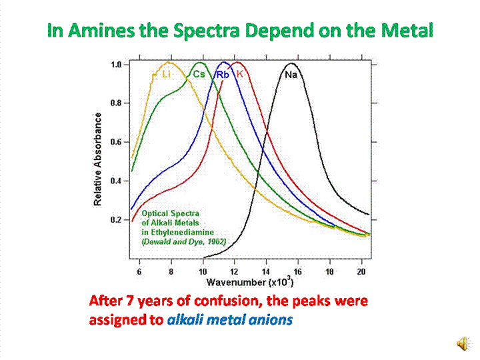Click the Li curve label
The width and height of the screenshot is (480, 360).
point(166,75)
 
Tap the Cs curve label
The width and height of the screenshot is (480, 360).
point(199,75)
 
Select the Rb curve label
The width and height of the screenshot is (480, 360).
point(223,75)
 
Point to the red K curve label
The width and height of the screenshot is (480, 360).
point(240,75)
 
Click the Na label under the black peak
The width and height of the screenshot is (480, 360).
point(291,75)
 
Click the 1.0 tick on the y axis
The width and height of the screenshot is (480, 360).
point(116,65)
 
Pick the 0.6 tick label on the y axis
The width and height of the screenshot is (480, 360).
point(116,142)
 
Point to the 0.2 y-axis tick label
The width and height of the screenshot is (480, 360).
point(116,219)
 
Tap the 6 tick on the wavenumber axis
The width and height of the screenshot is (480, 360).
point(139,272)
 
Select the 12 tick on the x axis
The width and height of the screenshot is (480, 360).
point(234,272)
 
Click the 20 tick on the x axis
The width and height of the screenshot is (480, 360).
point(361,272)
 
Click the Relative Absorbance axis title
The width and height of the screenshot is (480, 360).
point(98,159)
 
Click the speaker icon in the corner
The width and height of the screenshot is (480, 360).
point(462,343)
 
